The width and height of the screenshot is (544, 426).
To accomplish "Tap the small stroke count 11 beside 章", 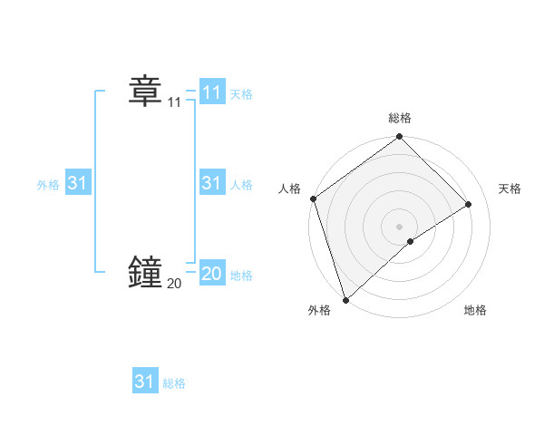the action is [x=174, y=103].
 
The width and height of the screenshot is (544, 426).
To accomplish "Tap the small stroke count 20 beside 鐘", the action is [x=174, y=284].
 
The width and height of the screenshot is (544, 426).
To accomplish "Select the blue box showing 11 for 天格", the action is [x=211, y=92].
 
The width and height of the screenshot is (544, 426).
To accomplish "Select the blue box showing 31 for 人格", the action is [x=211, y=183].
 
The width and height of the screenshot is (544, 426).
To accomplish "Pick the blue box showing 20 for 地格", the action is [x=211, y=274].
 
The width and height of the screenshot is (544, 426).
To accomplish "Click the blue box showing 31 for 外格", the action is [x=77, y=183].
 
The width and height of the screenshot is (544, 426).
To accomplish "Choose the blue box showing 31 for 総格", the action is [x=144, y=382].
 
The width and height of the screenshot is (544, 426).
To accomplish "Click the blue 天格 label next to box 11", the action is [x=241, y=94].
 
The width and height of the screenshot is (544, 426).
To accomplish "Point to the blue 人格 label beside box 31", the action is [x=241, y=185].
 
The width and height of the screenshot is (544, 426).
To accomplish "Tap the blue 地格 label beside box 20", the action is [x=241, y=276].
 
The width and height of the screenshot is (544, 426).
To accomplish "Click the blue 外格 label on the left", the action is [x=48, y=185].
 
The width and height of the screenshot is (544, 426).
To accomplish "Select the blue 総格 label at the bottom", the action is [x=174, y=383].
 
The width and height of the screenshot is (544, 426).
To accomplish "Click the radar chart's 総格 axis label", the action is [x=400, y=118].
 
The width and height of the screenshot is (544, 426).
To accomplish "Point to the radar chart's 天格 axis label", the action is [x=510, y=189].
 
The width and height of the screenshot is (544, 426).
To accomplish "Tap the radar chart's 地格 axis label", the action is [x=475, y=311].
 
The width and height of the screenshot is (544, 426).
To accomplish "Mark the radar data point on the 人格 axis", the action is [x=313, y=198].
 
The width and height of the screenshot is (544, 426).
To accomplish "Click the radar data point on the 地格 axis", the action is [x=411, y=241].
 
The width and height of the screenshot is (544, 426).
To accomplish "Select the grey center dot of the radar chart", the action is [x=400, y=227].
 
